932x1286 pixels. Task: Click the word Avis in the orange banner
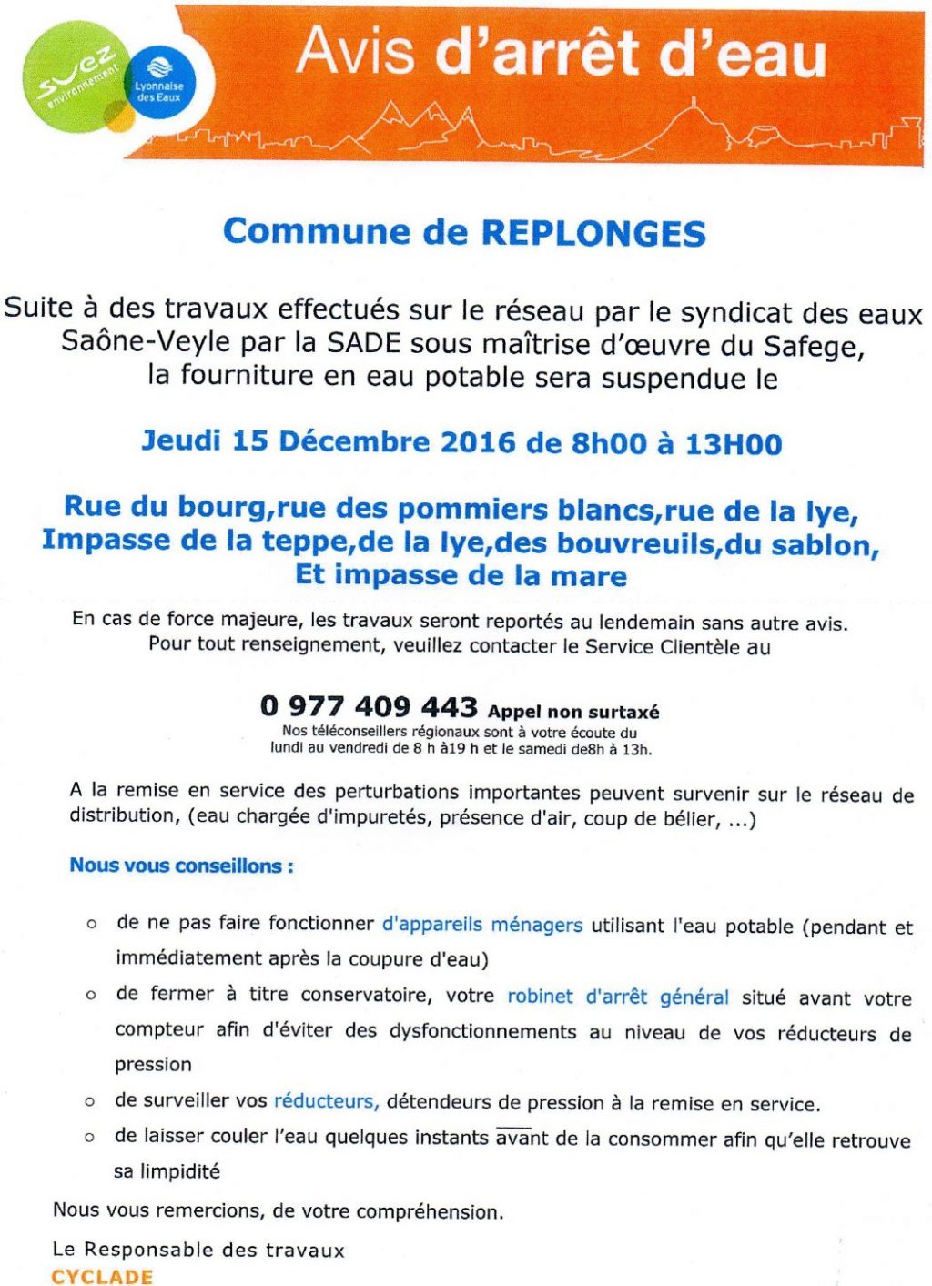[x=355, y=52]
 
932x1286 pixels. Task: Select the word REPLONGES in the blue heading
[x=593, y=233]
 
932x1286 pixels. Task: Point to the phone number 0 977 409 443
[x=369, y=706]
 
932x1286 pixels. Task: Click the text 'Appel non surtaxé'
[x=573, y=712]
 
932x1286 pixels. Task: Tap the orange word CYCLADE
[x=102, y=1276]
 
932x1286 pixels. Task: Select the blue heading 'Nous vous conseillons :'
[x=182, y=866]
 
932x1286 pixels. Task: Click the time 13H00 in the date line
[x=734, y=444]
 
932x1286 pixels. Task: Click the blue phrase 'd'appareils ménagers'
[x=481, y=925]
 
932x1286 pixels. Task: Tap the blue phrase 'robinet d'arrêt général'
[x=618, y=997]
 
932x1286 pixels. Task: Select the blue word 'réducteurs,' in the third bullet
[x=326, y=1101]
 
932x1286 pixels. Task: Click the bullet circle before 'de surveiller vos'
[x=90, y=1102]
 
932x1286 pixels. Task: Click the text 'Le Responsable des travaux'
[x=198, y=1250]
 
